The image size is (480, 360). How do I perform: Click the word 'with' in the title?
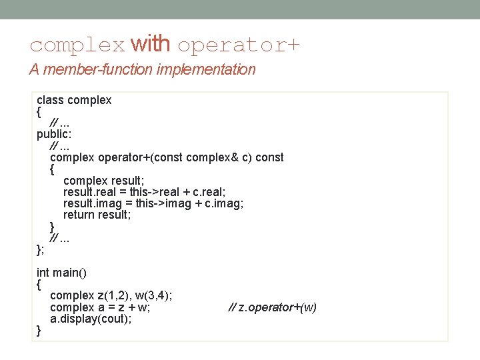pos(151,45)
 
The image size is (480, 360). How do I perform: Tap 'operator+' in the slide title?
pos(239,45)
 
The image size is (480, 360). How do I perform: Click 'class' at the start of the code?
pos(50,100)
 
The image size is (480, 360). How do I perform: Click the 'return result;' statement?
pos(97,215)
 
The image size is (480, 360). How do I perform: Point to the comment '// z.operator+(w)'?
pos(273,307)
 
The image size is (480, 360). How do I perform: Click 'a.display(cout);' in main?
pos(91,319)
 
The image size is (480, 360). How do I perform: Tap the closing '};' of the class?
pos(41,249)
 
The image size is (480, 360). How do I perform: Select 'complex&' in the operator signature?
pos(211,157)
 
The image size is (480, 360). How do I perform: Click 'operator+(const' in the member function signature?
pos(141,157)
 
